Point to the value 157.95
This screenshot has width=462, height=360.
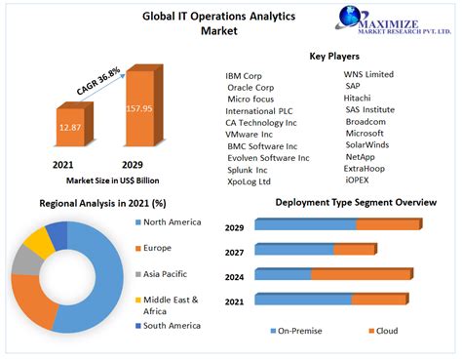pos(138,108)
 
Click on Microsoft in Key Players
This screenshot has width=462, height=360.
pos(367,133)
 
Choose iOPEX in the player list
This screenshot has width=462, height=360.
pos(359,180)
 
